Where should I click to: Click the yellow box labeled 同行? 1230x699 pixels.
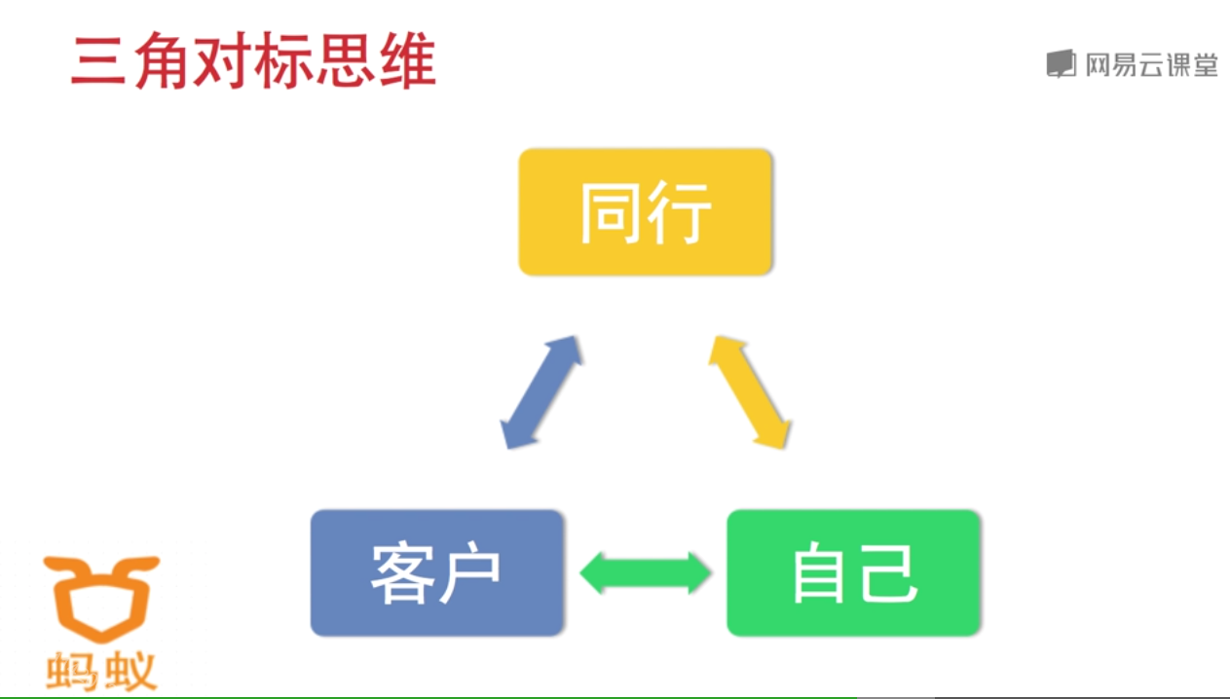tap(645, 211)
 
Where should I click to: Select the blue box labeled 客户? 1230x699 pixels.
tap(436, 572)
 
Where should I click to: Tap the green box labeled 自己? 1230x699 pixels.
tap(853, 572)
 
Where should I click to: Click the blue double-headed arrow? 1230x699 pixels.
tap(541, 392)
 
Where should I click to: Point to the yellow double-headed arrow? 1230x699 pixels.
tap(748, 392)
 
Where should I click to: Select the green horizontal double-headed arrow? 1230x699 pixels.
tap(646, 572)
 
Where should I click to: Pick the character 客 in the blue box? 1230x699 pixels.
tap(402, 572)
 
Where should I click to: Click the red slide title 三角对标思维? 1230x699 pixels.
tap(253, 62)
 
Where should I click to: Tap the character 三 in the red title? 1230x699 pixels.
tap(99, 62)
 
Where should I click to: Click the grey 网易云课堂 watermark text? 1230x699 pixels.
tap(1151, 65)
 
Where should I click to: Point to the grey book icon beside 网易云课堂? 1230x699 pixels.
tap(1061, 64)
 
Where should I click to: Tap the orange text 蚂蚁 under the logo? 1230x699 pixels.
tap(101, 672)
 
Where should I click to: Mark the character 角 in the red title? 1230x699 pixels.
tap(162, 62)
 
